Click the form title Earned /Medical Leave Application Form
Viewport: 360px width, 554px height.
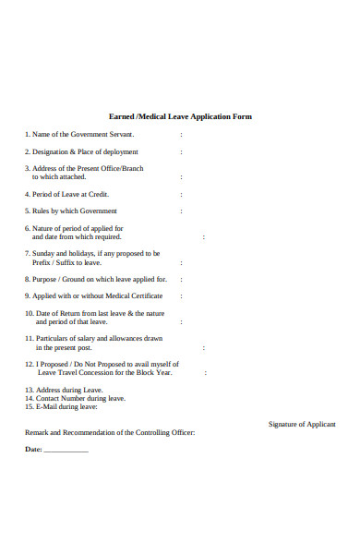(x=180, y=117)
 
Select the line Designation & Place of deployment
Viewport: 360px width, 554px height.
(x=82, y=151)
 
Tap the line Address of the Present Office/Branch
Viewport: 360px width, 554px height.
(x=84, y=168)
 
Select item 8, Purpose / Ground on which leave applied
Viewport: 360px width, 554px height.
(x=96, y=278)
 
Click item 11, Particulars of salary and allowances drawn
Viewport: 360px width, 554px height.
(x=93, y=339)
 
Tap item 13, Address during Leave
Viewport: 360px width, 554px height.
(x=63, y=390)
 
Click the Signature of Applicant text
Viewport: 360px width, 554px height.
(x=301, y=424)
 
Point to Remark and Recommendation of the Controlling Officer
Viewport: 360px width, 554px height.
(x=109, y=432)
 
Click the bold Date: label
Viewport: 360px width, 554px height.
(x=33, y=450)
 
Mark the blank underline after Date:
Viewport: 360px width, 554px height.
(x=66, y=451)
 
